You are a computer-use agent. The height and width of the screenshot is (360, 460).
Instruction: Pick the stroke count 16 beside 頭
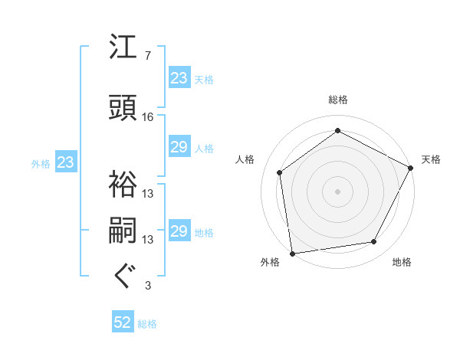(148, 116)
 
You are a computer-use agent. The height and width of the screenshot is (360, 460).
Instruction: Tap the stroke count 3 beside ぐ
(148, 286)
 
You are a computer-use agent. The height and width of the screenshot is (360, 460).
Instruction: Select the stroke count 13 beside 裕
(148, 193)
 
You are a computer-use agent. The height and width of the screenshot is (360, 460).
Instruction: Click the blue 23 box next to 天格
(179, 78)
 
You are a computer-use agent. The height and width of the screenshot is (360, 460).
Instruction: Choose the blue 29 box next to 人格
(179, 147)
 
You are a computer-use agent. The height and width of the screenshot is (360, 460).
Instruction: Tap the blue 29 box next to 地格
(179, 231)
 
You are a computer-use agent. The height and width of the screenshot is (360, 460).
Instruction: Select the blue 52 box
(123, 323)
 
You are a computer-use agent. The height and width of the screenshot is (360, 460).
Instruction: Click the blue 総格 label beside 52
(147, 324)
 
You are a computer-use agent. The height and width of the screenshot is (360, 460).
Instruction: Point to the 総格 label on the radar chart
(337, 100)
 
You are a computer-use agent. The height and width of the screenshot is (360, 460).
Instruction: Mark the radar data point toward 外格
(292, 253)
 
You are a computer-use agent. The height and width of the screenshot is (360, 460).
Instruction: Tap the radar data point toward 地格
(374, 242)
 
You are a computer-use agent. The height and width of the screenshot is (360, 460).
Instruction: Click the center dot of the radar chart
(337, 191)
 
